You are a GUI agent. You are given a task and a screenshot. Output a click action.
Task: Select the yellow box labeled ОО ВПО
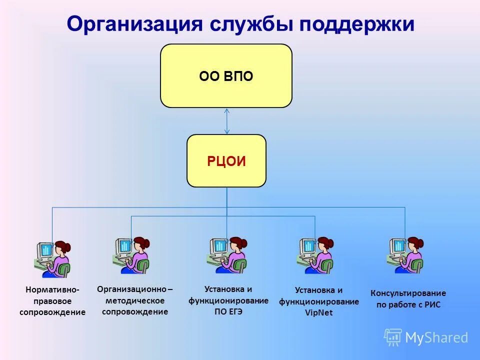pos(226,76)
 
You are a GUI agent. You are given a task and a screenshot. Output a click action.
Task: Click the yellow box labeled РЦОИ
pos(226,161)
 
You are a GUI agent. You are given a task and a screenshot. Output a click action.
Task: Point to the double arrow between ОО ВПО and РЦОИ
pos(227,121)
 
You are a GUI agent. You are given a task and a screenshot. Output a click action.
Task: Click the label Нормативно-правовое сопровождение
pos(52,301)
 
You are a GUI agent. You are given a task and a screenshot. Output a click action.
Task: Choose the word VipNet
pos(318,313)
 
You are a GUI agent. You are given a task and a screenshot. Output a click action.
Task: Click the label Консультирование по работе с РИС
pos(408,298)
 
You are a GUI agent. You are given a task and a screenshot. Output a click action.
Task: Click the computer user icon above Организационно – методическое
pos(131,255)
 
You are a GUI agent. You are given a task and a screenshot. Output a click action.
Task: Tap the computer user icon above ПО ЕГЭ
pos(227,255)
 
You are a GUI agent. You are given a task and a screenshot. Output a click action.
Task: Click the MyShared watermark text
pos(436,338)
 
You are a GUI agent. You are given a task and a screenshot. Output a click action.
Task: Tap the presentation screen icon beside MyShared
pos(393,337)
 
